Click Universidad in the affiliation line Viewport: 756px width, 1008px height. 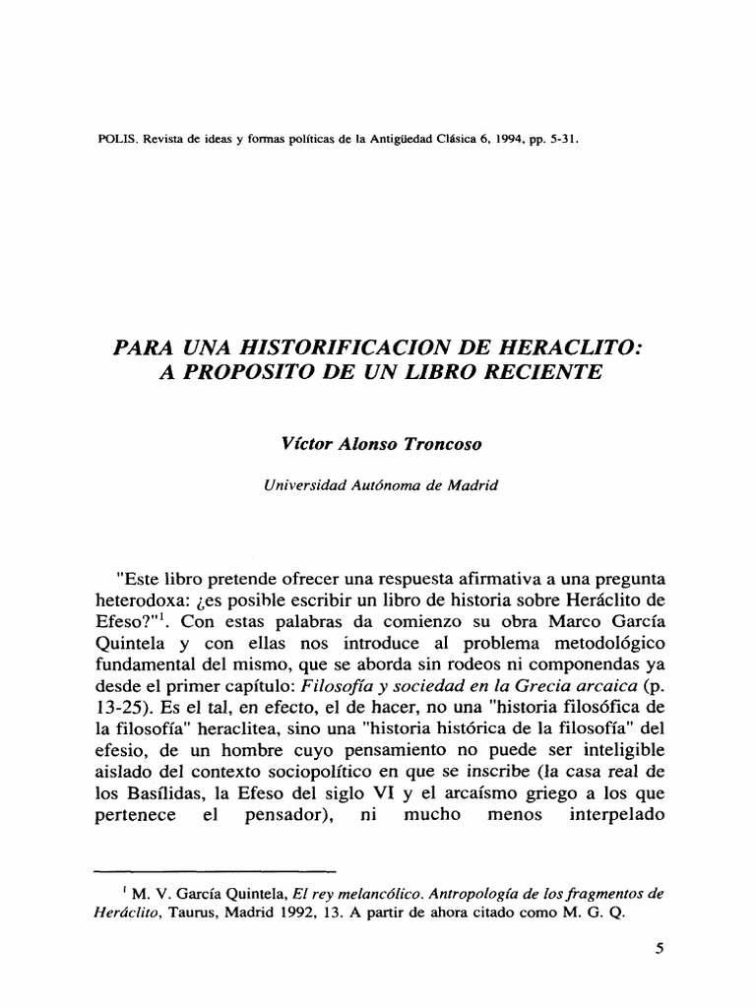(304, 483)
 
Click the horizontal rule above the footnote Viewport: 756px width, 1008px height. (215, 871)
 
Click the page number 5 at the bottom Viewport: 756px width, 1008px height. (659, 952)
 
